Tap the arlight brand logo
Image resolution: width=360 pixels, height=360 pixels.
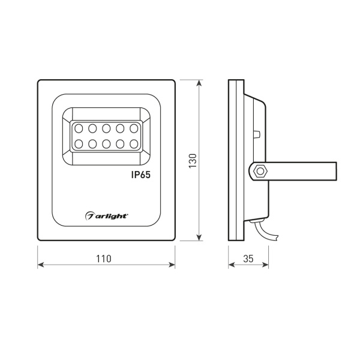(x=106, y=214)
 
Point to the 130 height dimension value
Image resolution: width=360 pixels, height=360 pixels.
(x=193, y=161)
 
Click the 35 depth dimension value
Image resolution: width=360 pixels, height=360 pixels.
(x=247, y=259)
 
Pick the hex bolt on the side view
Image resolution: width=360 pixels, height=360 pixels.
(x=259, y=171)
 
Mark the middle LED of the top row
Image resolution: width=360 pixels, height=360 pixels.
(x=106, y=128)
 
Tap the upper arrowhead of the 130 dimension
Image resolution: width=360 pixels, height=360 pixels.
(x=199, y=83)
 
